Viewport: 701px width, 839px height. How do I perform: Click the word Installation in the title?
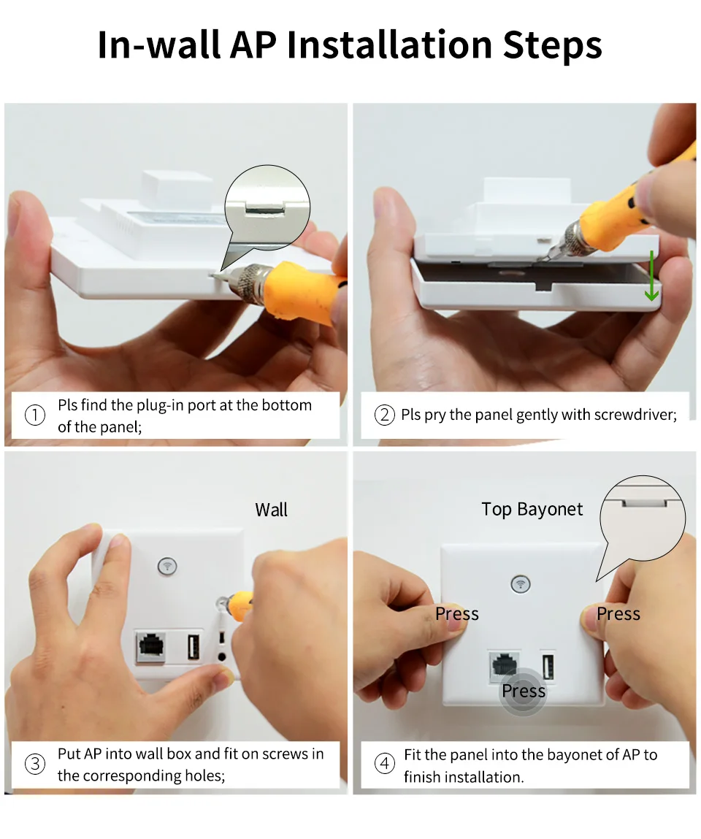point(389,45)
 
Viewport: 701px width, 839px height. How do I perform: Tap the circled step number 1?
point(35,415)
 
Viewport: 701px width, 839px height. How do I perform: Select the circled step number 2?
point(384,415)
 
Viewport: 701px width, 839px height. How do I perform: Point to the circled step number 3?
point(35,764)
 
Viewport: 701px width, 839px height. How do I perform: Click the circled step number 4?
point(384,764)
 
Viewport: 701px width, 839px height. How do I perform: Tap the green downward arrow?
point(651,275)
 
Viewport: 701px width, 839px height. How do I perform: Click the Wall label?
point(272,510)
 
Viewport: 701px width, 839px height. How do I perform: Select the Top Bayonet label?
point(532,510)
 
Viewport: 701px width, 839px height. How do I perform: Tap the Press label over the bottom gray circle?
point(524,691)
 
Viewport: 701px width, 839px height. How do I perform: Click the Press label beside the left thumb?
point(457,613)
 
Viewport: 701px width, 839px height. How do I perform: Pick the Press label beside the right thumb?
point(618,613)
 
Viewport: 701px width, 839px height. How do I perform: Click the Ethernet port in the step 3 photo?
point(151,647)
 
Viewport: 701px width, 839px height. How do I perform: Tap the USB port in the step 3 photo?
point(194,646)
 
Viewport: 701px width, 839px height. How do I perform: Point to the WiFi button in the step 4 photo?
point(521,583)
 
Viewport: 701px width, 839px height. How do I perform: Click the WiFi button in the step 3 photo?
point(167,566)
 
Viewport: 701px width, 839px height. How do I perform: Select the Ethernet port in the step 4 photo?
point(504,667)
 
